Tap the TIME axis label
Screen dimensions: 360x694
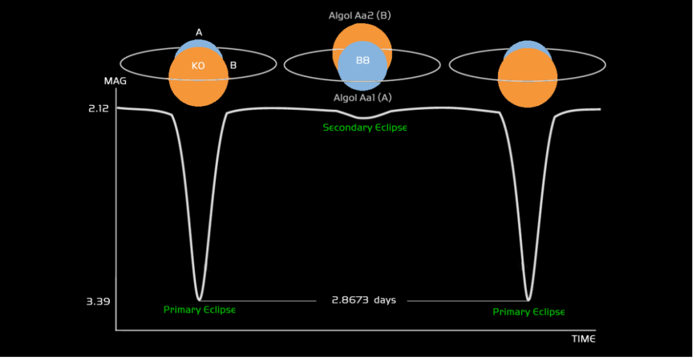pos(583,339)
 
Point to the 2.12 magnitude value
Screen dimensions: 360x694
pos(98,108)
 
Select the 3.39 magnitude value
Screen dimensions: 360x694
pos(98,300)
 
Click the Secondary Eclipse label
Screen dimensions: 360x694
pos(365,127)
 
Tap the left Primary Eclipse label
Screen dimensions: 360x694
pos(199,310)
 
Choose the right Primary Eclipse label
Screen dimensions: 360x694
pos(528,312)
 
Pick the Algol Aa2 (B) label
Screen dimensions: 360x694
pos(360,15)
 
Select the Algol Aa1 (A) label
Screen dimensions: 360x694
pos(362,98)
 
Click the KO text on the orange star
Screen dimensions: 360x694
pos(198,66)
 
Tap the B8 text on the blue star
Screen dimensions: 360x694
pos(363,60)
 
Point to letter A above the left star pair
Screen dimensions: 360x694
pos(199,32)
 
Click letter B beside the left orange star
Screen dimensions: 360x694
pos(233,65)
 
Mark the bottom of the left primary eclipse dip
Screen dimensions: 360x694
pos(199,300)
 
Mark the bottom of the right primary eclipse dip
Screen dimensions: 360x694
pos(528,300)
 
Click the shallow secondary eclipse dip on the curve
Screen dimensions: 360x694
pos(364,118)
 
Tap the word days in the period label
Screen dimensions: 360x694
pos(384,300)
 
